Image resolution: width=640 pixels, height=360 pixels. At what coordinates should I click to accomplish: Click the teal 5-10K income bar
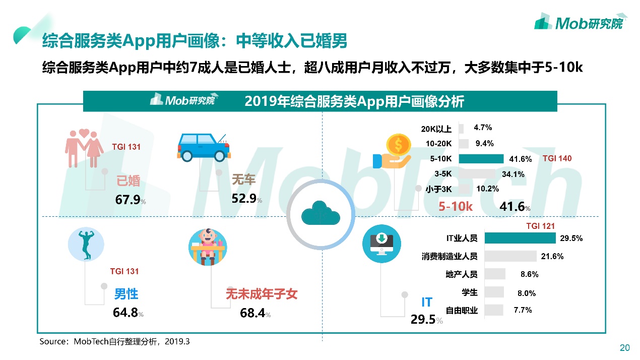click(481, 159)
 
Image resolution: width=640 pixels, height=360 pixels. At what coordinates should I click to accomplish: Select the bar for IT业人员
click(520, 238)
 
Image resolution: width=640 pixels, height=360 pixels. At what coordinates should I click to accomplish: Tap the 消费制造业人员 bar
click(510, 256)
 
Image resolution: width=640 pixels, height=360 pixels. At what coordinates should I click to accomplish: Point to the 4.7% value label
click(483, 128)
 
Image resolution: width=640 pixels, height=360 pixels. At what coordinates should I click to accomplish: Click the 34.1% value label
click(514, 174)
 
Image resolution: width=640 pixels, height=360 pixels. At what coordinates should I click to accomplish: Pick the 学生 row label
click(469, 292)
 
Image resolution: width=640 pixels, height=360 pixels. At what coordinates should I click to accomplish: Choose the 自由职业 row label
click(462, 310)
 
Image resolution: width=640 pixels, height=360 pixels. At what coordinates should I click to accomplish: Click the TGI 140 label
click(557, 158)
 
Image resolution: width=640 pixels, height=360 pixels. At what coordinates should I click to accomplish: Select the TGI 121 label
click(540, 226)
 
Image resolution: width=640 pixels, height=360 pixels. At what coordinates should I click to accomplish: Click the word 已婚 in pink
click(129, 181)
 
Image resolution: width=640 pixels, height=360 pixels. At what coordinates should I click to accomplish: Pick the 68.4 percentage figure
click(253, 313)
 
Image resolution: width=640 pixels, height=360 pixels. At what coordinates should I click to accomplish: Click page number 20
click(624, 347)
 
